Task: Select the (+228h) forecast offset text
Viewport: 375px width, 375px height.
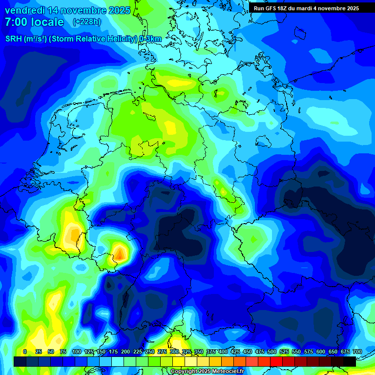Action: point(87,22)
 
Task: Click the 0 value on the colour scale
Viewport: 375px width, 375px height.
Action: point(25,352)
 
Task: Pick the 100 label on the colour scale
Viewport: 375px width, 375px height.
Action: point(77,352)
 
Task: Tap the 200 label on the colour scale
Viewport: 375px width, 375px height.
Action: point(125,352)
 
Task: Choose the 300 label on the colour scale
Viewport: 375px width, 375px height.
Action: point(174,352)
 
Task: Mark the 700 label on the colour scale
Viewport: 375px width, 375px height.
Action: point(357,352)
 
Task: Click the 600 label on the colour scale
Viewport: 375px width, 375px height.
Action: point(321,352)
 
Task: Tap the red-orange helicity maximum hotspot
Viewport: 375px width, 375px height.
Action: point(120,253)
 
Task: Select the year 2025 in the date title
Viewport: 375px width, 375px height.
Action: point(119,10)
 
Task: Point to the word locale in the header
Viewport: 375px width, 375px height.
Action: point(47,22)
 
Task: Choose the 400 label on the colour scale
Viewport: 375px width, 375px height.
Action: point(223,352)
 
